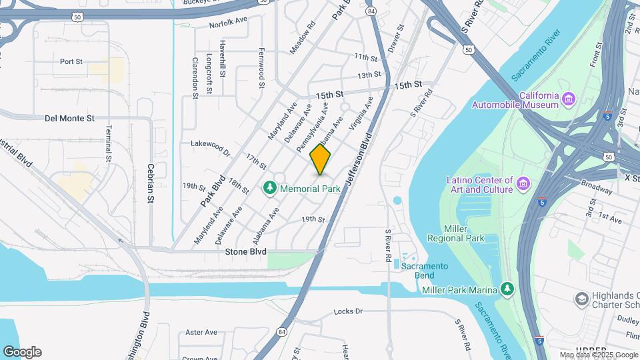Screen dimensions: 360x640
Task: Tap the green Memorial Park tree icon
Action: tap(270, 189)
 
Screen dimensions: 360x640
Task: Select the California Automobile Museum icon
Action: tap(568, 99)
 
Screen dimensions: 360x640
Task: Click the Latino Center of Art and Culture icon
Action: tap(523, 184)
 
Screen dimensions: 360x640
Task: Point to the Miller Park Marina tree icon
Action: tap(508, 289)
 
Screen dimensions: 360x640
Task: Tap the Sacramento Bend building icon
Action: tap(397, 265)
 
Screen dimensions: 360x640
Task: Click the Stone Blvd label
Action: tap(245, 251)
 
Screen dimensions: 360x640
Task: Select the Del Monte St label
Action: tap(69, 118)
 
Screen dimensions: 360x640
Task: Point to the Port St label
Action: tap(71, 61)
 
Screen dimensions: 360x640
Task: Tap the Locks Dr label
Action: tap(347, 311)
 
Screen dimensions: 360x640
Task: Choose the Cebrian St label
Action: tap(151, 183)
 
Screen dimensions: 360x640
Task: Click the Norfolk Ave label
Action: tap(228, 23)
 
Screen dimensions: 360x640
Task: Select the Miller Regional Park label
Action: tap(455, 233)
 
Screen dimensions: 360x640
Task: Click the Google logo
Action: tap(21, 351)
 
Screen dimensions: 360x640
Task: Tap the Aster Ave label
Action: tap(201, 332)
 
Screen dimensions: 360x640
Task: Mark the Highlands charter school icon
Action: tap(581, 298)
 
